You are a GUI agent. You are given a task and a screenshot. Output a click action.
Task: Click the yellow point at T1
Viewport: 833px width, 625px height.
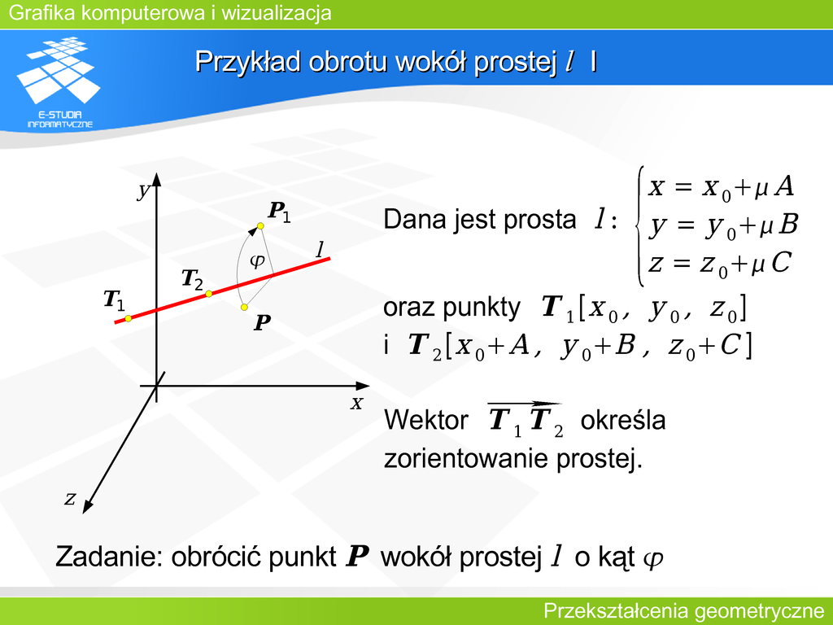click(128, 318)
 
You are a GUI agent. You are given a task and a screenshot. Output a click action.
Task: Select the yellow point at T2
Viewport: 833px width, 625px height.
click(209, 294)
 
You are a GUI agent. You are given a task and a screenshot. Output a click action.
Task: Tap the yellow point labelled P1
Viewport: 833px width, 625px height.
click(260, 226)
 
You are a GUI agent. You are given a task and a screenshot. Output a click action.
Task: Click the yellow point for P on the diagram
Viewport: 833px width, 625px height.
click(244, 307)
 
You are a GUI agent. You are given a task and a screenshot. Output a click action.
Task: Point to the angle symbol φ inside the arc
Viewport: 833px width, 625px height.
click(257, 260)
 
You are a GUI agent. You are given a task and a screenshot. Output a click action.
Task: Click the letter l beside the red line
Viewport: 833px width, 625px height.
click(320, 249)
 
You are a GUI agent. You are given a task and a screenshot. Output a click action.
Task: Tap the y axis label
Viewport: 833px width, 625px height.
click(143, 190)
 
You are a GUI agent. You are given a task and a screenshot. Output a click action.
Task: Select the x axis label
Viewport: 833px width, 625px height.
click(356, 404)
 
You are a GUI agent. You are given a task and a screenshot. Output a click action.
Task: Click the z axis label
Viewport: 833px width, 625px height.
click(70, 499)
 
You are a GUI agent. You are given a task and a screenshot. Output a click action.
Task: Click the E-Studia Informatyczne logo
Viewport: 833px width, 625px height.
click(59, 82)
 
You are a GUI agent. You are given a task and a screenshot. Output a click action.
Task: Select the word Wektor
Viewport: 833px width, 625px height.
click(426, 420)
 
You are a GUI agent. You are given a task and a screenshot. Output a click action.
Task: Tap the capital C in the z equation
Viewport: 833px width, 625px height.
click(781, 263)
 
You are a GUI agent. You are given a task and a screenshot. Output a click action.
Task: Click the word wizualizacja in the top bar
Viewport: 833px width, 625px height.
click(277, 12)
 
